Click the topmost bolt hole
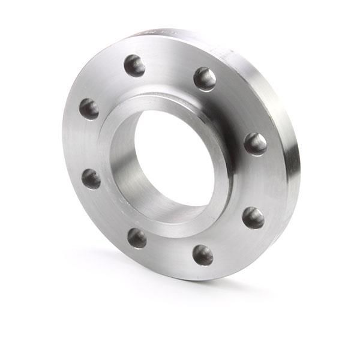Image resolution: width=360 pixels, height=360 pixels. point(134,65)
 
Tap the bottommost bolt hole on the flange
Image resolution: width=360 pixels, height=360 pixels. point(203,254)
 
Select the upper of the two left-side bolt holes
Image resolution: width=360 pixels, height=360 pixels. point(89,109)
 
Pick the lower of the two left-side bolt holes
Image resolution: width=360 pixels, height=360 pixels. point(91,178)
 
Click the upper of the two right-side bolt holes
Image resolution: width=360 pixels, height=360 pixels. point(255,143)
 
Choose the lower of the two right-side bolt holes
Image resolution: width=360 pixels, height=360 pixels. point(253,217)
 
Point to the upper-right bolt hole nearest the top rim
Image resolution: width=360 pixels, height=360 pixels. point(205,79)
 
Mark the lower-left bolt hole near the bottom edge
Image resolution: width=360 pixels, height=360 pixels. point(137,238)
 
